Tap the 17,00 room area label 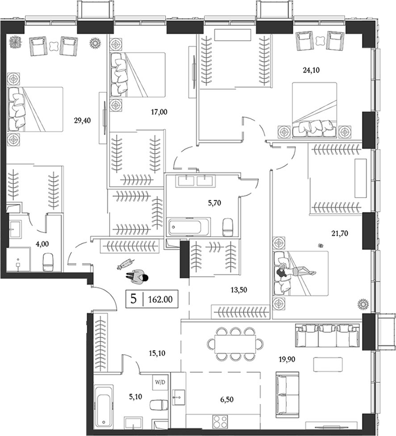coord(159,113)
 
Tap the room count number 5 coord(134,299)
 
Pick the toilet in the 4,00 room coord(48,260)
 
